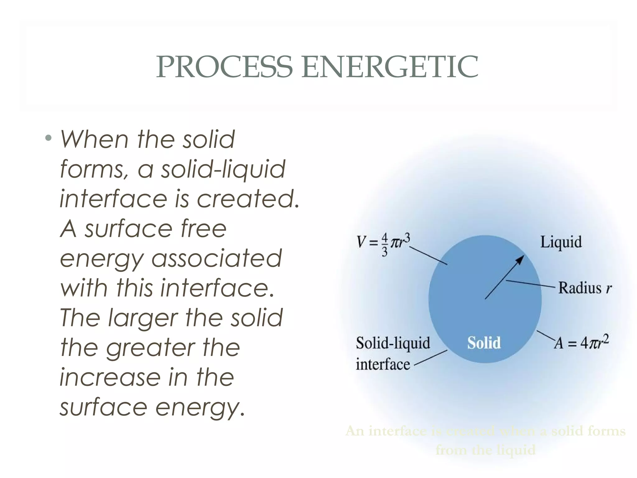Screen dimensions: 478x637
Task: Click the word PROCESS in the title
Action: point(224,67)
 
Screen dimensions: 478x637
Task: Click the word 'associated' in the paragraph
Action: point(216,258)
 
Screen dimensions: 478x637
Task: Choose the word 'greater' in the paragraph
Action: point(151,348)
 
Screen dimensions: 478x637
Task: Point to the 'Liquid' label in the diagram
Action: point(561,242)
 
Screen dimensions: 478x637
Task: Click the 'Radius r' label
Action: point(585,288)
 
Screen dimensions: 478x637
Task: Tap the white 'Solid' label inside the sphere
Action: point(484,343)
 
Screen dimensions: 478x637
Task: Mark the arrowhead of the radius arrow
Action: point(520,259)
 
